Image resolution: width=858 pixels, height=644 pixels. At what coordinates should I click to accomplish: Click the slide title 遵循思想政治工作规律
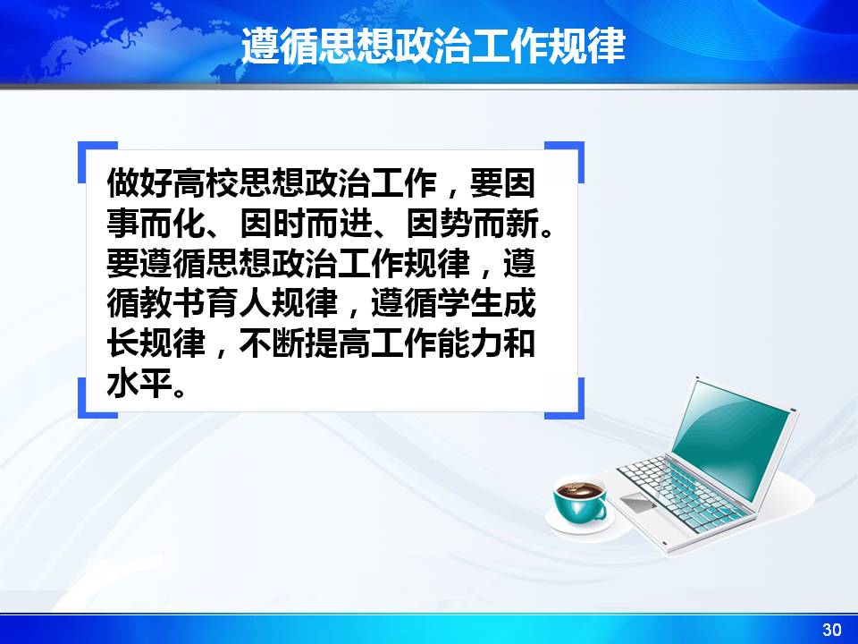pos(433,46)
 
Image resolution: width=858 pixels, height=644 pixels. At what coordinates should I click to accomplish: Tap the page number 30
pos(832,629)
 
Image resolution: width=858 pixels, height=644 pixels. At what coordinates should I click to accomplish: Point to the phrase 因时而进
pos(306,223)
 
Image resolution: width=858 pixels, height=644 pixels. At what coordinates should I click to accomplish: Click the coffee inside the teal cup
pos(579,488)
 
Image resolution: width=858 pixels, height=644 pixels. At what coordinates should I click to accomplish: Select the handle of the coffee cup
pos(603,505)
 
